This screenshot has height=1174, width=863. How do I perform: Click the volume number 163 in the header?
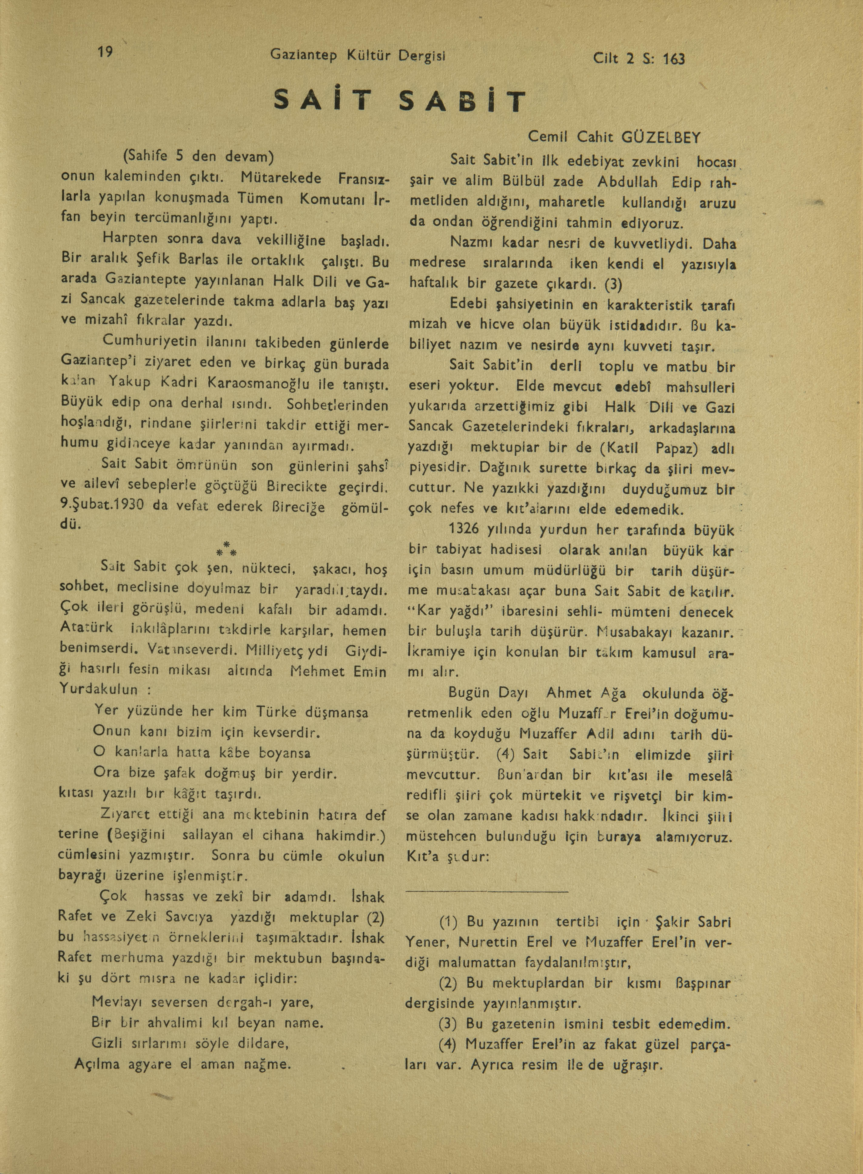click(673, 59)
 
